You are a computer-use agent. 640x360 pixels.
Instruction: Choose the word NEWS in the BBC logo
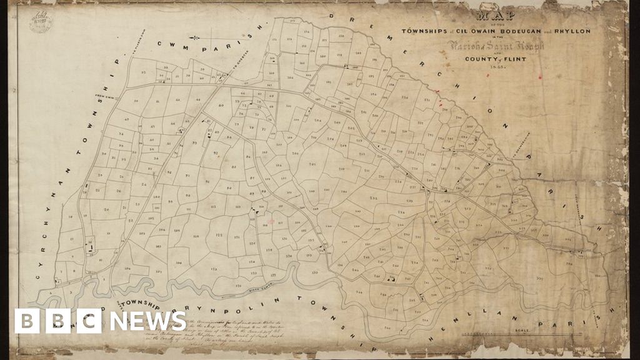tap(148, 321)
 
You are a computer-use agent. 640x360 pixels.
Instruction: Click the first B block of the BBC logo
tap(27, 321)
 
